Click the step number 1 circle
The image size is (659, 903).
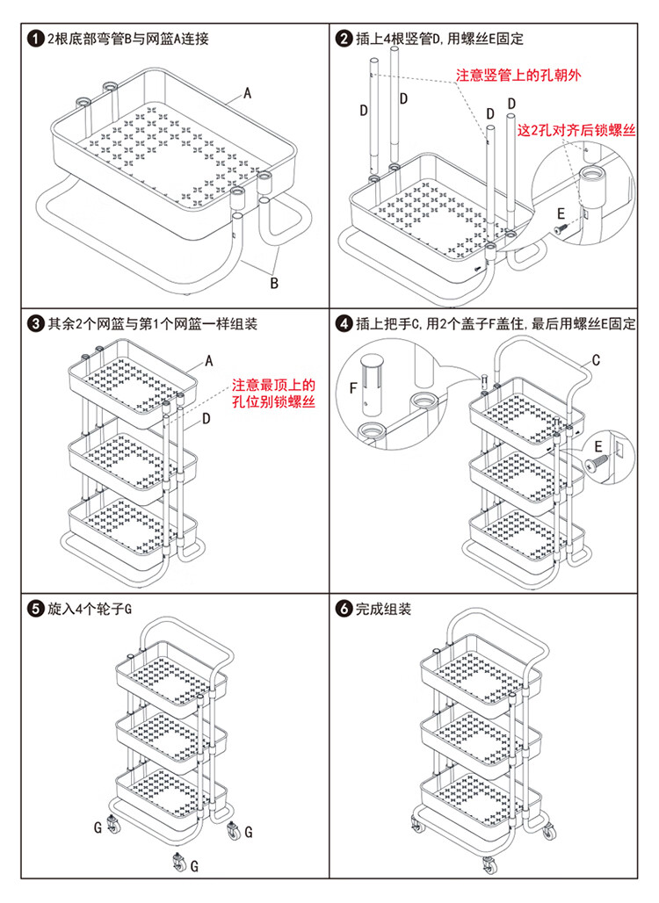[x=35, y=40]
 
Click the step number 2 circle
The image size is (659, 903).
[x=344, y=40]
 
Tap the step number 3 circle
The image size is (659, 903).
[x=35, y=324]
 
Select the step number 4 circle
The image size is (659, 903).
[x=344, y=324]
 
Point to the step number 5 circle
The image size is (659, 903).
[x=35, y=609]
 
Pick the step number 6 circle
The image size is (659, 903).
[x=344, y=609]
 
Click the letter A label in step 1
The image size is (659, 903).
[x=248, y=92]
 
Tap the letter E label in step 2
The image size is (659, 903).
[x=560, y=213]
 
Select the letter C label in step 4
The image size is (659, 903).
[x=595, y=359]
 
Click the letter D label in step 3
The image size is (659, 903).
[x=206, y=419]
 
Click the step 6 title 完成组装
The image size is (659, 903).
[x=383, y=609]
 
